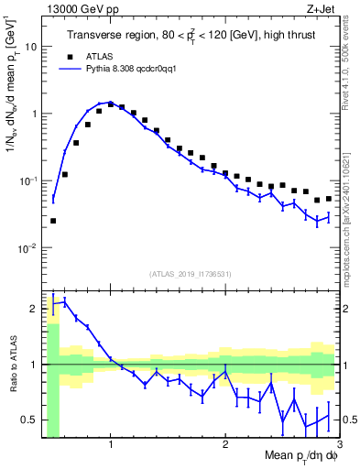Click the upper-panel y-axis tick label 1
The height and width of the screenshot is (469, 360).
(34, 114)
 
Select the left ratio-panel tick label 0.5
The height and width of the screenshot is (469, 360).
(30, 420)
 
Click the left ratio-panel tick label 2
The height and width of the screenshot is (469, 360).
(34, 309)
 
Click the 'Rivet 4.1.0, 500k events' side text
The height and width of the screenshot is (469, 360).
(351, 64)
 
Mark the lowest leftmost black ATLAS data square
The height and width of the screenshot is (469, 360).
(53, 221)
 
